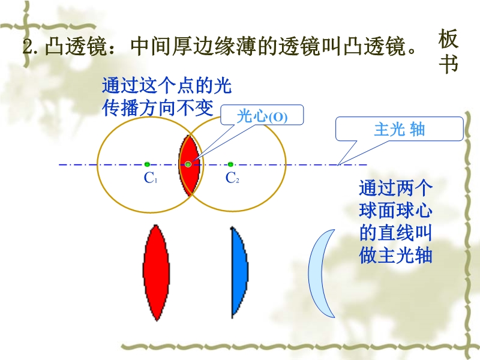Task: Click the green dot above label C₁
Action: point(147,164)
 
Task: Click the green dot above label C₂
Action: point(230,164)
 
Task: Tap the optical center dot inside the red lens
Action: point(188,164)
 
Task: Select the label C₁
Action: point(151,178)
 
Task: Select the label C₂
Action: point(232,178)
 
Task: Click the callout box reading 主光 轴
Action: point(400,129)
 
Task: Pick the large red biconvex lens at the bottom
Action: point(157,272)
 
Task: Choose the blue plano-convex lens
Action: point(239,272)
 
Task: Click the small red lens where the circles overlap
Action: point(189,164)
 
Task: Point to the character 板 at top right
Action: point(448,39)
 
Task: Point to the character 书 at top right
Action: point(448,64)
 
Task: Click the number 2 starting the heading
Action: point(28,47)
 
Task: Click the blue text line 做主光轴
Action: point(395,256)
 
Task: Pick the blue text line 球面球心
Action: point(395,211)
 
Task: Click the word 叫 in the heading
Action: point(332,47)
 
